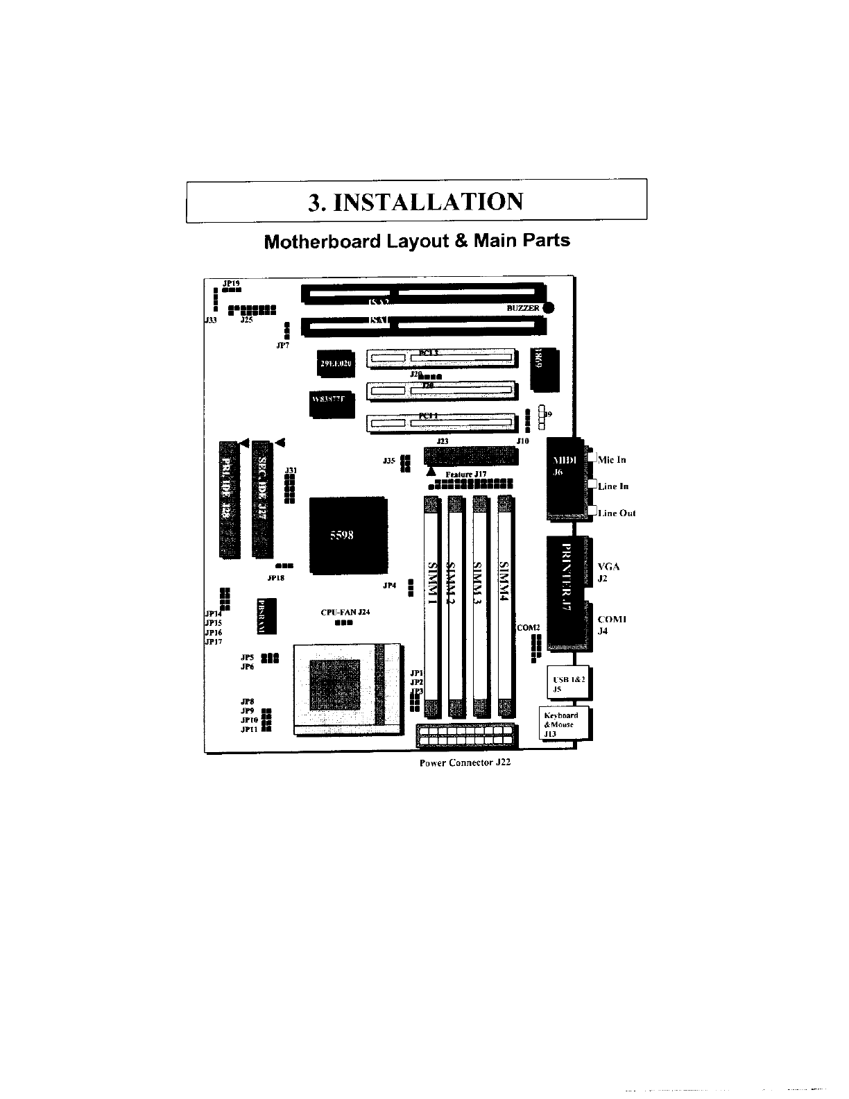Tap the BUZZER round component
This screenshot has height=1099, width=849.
coord(549,308)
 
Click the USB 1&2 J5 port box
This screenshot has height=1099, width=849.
coord(568,684)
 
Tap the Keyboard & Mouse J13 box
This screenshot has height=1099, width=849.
coord(564,724)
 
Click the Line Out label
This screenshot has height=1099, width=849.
coord(617,513)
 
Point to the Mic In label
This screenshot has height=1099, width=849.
coord(612,459)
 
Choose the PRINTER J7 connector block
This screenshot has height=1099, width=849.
coord(566,593)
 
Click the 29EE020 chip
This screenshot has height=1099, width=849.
coord(336,364)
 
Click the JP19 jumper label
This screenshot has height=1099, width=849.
coord(231,283)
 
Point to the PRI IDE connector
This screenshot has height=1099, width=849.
coord(228,499)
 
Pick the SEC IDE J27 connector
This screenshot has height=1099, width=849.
coord(261,499)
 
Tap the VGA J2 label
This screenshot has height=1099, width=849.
coord(608,572)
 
